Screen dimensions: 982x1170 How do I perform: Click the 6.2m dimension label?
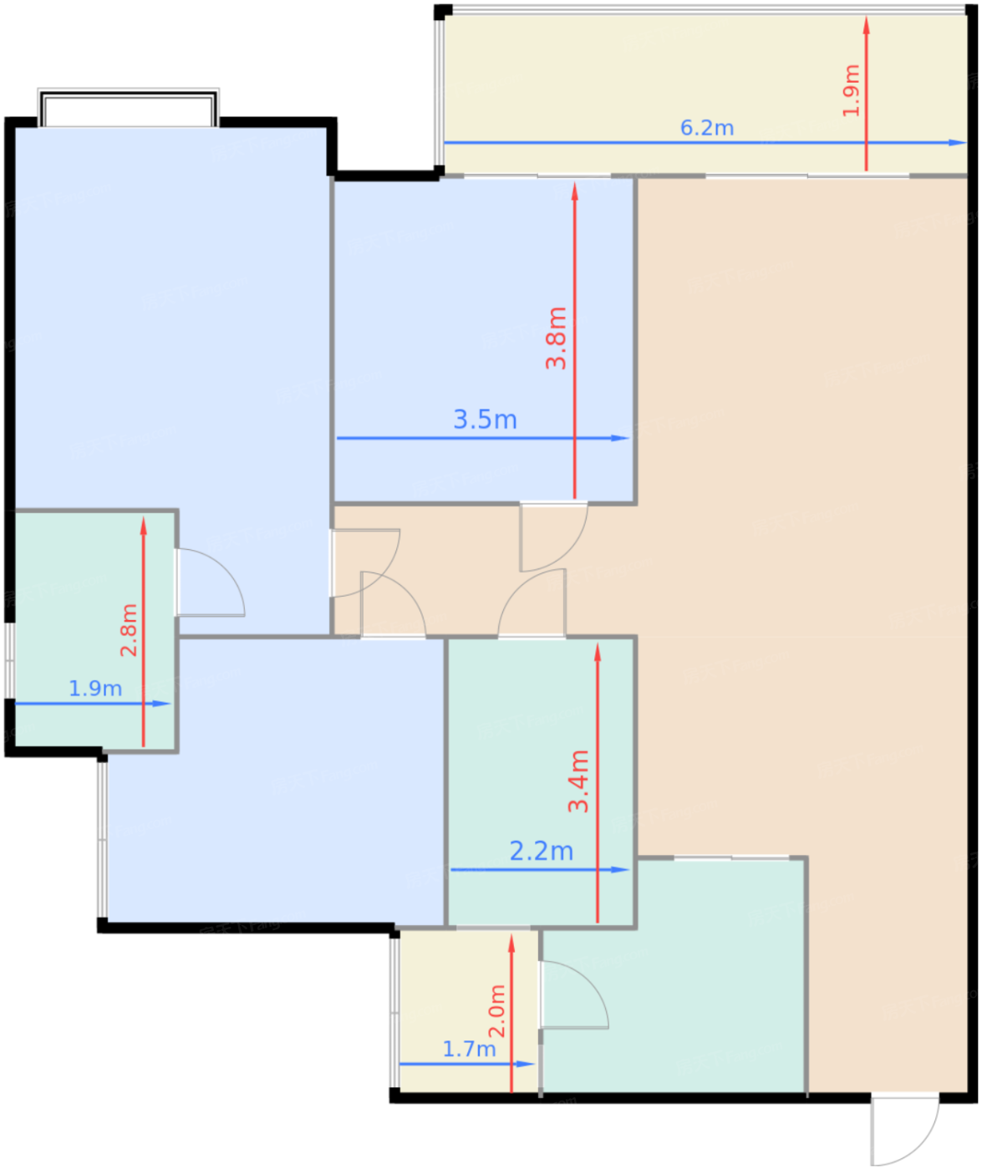(707, 128)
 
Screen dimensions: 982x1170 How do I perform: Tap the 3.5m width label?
(485, 420)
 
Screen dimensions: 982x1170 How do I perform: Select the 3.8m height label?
(557, 338)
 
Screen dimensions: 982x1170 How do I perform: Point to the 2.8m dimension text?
(129, 630)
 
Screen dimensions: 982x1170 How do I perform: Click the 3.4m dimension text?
(579, 781)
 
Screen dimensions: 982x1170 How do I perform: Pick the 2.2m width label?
(542, 851)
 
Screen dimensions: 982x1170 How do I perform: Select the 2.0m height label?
(497, 1011)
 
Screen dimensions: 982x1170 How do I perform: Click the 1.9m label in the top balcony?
(851, 91)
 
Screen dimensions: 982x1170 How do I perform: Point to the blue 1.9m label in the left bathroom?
(95, 689)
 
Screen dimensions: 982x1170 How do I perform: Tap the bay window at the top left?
(129, 108)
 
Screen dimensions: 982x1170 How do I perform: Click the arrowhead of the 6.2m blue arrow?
(958, 143)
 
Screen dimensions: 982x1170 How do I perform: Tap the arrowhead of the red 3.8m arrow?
(574, 191)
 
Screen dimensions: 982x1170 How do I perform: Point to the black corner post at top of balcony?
(442, 11)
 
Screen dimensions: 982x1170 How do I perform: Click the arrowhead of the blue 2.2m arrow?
(620, 870)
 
